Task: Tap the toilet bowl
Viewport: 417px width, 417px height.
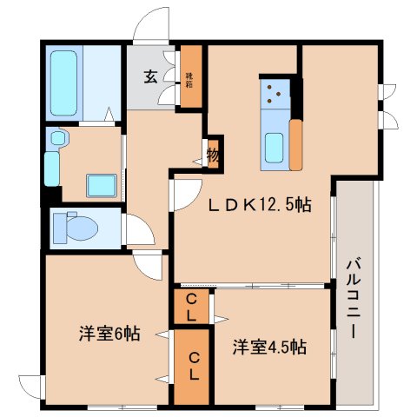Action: point(73,228)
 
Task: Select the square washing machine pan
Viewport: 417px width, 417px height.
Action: point(102,184)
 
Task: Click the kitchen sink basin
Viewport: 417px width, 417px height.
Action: point(275,148)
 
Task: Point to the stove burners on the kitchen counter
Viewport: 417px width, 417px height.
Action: point(275,93)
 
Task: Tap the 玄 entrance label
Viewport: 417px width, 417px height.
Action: point(150,77)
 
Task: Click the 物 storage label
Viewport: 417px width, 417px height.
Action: point(213,156)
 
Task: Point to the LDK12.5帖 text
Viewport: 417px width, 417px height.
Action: point(259,206)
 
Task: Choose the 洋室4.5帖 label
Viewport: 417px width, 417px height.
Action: point(269,347)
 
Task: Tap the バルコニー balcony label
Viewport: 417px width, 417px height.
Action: point(355,298)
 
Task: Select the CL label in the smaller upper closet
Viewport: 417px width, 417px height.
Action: point(192,308)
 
